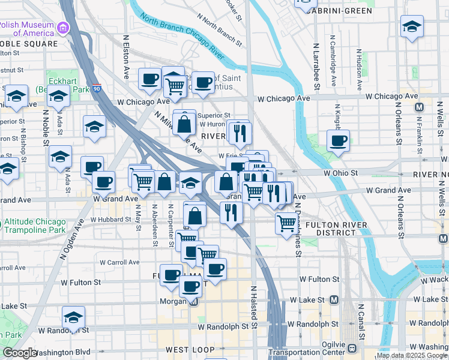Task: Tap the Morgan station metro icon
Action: (193, 301)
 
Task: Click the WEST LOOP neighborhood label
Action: (190, 349)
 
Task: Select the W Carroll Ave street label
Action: (121, 262)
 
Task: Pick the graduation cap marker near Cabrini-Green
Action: (412, 26)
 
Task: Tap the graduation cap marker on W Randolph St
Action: (74, 317)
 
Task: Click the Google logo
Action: (20, 353)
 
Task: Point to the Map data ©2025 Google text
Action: (412, 355)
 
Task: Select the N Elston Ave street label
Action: (127, 57)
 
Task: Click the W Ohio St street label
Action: (340, 172)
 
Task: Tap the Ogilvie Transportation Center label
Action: (313, 348)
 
